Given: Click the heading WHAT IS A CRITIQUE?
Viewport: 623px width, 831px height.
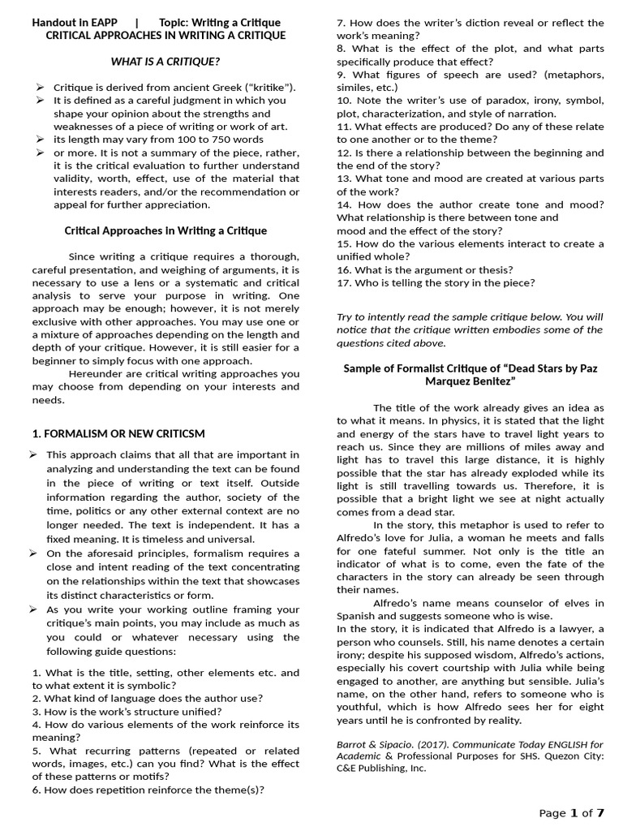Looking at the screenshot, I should pos(165,61).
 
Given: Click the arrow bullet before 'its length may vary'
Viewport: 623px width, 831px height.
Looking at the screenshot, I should pos(39,140).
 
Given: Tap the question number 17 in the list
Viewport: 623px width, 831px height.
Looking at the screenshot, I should pos(343,282).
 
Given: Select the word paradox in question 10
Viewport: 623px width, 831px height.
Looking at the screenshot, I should pos(470,100).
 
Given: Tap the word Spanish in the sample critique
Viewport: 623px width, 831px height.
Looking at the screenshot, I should pos(359,616).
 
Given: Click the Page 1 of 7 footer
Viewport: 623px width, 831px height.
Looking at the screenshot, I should pos(572,812).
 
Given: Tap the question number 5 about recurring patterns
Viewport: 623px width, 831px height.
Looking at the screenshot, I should pos(37,751).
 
